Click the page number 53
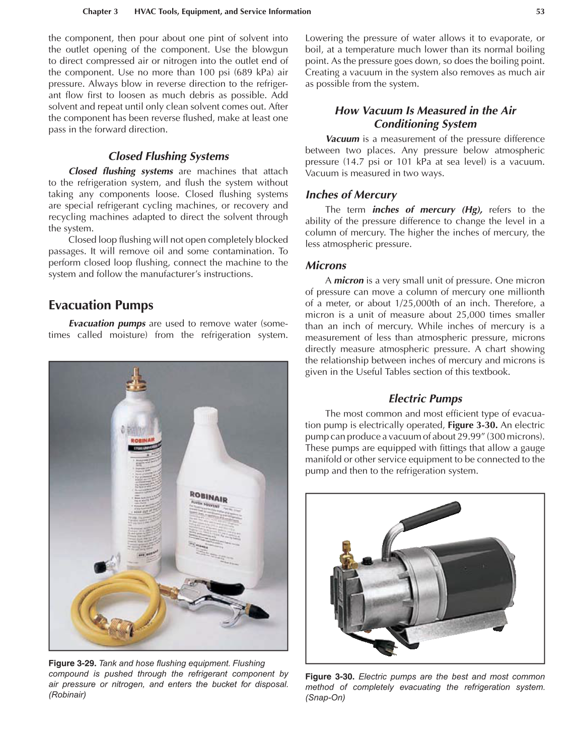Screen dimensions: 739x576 pos(540,12)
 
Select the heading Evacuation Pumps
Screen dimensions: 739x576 pos(101,305)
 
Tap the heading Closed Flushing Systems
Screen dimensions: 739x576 pos(168,156)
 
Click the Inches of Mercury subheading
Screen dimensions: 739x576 pos(350,194)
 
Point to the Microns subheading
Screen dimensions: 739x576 pos(325,265)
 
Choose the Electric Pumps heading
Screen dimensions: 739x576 pos(425,398)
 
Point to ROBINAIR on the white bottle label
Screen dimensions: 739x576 pos(208,496)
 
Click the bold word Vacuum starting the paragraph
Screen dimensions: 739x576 pos(342,139)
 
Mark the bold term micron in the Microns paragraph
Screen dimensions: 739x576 pos(348,281)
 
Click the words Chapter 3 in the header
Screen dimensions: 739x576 pos(100,12)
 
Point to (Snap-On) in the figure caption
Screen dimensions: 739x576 pos(325,698)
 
